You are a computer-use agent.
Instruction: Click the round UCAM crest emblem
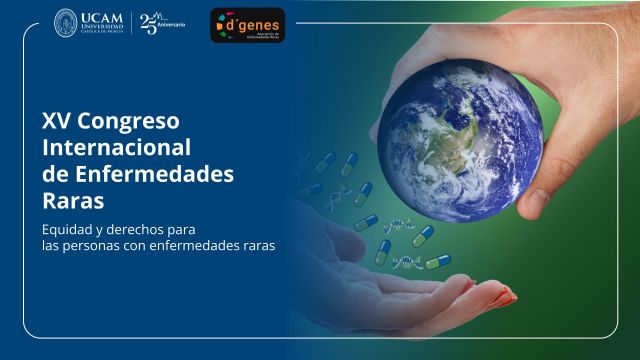[x=66, y=24]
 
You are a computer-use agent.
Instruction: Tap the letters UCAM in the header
[x=103, y=19]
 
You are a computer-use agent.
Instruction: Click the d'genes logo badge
[x=247, y=25]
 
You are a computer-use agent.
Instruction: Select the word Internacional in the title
[x=116, y=148]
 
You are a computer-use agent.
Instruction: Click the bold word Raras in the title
[x=73, y=200]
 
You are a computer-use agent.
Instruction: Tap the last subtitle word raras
[x=255, y=244]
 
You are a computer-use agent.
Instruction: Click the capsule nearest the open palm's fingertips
[x=438, y=261]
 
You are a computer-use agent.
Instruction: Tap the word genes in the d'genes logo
[x=258, y=21]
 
